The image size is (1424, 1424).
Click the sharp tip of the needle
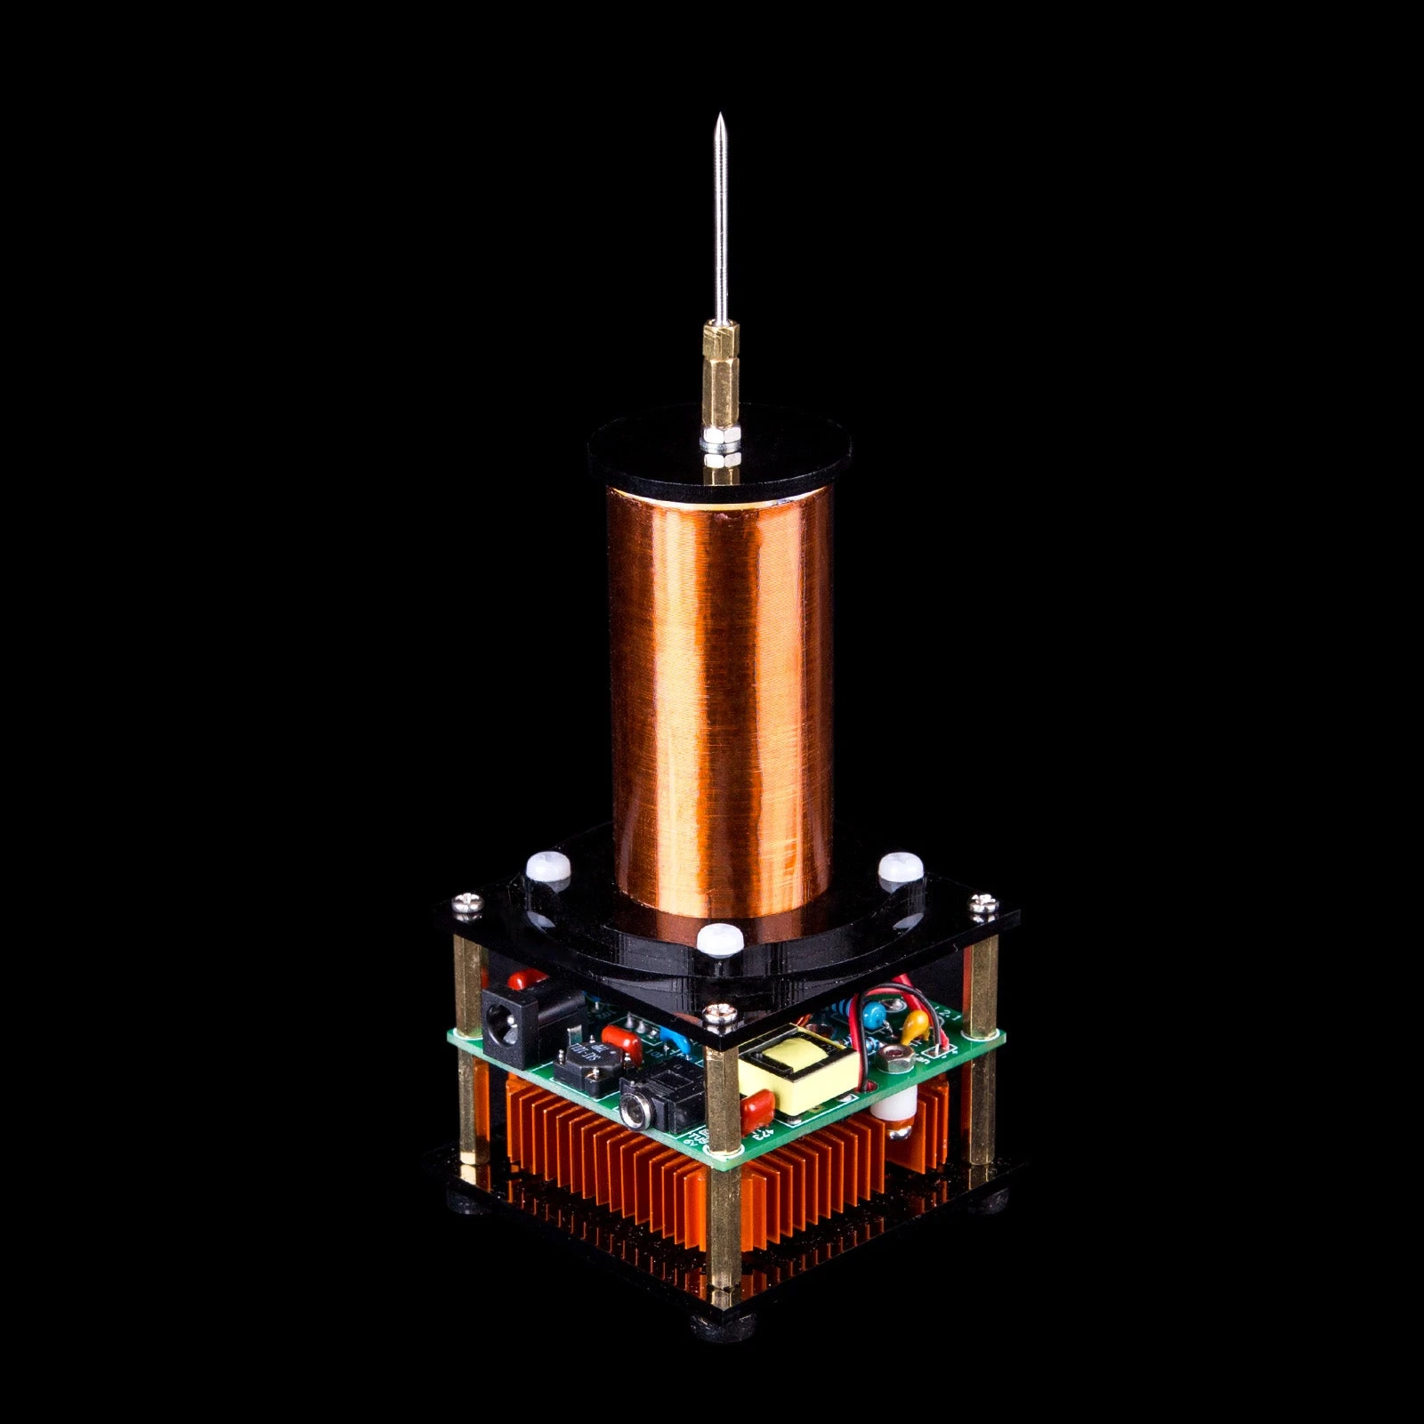pyautogui.click(x=718, y=117)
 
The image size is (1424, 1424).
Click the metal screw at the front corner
pyautogui.click(x=715, y=1012)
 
